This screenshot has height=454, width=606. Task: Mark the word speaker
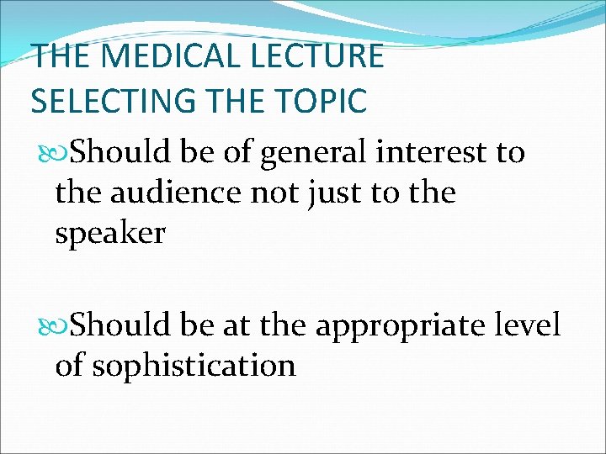click(x=110, y=234)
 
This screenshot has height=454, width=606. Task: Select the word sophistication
click(x=194, y=366)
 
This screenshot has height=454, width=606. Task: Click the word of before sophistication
click(x=70, y=366)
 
